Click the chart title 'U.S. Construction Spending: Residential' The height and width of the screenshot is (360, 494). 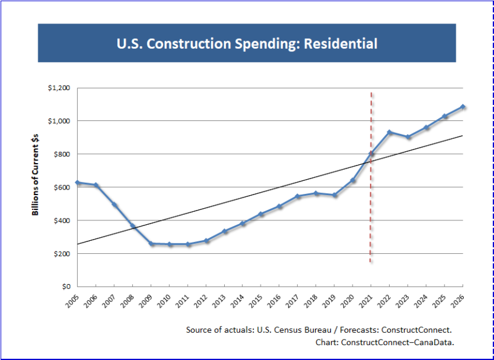tap(247, 44)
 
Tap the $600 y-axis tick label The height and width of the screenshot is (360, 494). tap(61, 187)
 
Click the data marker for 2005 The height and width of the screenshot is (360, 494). tap(78, 183)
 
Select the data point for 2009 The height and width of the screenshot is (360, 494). tap(151, 244)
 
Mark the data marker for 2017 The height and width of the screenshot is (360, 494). tap(298, 196)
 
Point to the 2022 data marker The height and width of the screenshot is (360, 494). tap(390, 132)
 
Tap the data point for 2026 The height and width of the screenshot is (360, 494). tap(463, 107)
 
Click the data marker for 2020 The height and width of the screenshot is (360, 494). tap(353, 180)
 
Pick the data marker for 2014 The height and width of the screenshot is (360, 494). tap(243, 224)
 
